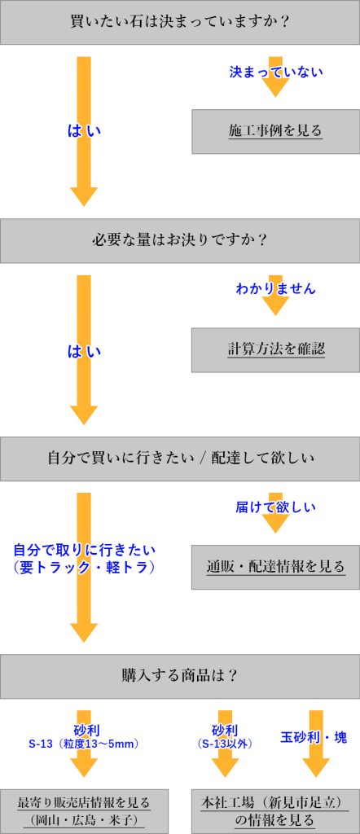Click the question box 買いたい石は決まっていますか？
(180, 22)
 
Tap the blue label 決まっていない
(276, 72)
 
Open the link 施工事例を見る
(275, 131)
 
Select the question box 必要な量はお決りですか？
(180, 240)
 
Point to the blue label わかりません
(275, 289)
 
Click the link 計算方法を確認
(275, 349)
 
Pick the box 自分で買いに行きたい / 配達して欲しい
(180, 459)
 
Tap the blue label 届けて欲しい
(275, 507)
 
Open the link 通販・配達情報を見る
(275, 567)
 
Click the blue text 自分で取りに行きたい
(84, 549)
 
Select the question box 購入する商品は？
(180, 676)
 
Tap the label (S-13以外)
(224, 744)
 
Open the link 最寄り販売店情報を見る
(84, 802)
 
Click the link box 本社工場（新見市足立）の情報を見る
(275, 811)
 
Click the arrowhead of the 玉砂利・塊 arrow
(316, 768)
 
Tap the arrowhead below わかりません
(275, 306)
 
